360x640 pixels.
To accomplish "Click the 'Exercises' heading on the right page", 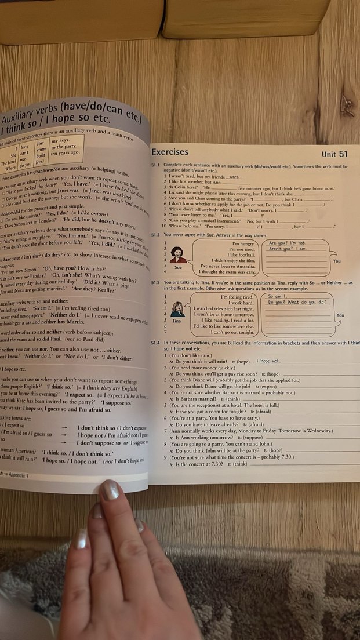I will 169,152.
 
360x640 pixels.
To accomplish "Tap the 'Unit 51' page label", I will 334,154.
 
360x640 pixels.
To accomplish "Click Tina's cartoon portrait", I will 177,309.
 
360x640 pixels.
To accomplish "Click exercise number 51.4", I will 155,343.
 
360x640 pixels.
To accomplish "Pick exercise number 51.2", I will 155,234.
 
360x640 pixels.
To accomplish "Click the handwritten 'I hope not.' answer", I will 268,361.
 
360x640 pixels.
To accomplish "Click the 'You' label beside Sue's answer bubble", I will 337,261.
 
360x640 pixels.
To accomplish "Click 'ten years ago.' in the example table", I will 66,154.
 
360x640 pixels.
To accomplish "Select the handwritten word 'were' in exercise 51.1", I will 234,177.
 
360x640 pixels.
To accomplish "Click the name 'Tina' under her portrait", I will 177,321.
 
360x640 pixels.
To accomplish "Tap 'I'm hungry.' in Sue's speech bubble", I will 243,243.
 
